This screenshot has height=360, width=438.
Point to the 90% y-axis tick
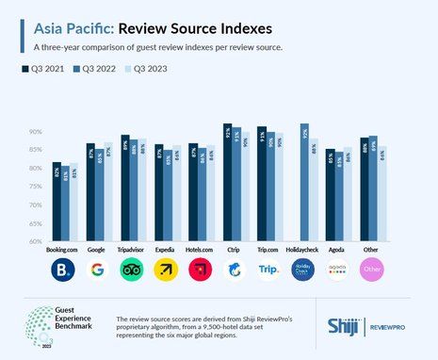pyautogui.click(x=36, y=132)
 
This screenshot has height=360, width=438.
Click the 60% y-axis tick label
pyautogui.click(x=36, y=241)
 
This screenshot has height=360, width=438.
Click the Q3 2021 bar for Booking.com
pyautogui.click(x=57, y=202)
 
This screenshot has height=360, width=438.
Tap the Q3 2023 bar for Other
pyautogui.click(x=381, y=194)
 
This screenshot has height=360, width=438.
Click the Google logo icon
pyautogui.click(x=97, y=270)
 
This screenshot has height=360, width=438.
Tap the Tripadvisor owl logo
pyautogui.click(x=131, y=270)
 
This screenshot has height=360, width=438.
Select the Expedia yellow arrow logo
pyautogui.click(x=165, y=270)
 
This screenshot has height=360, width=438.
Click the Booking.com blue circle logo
pyautogui.click(x=63, y=270)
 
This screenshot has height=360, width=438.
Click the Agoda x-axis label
pyautogui.click(x=337, y=251)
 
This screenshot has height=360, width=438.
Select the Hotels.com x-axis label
pyautogui.click(x=200, y=251)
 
